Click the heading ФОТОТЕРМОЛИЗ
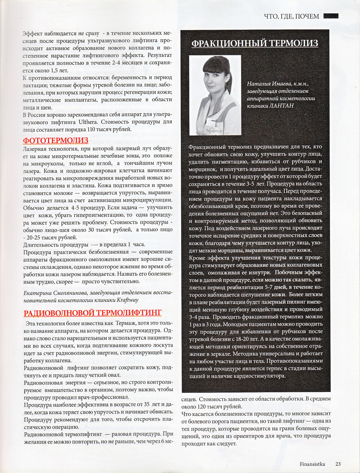pos(56,140)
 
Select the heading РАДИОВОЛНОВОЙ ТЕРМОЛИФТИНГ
pos(92,313)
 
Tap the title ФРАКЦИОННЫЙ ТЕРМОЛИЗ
pos(255,44)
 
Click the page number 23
pos(338,464)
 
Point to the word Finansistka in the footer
pos(312,464)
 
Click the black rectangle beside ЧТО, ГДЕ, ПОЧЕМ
pos(331,16)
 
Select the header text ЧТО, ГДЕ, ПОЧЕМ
pos(291,16)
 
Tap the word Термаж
pos(126,323)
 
